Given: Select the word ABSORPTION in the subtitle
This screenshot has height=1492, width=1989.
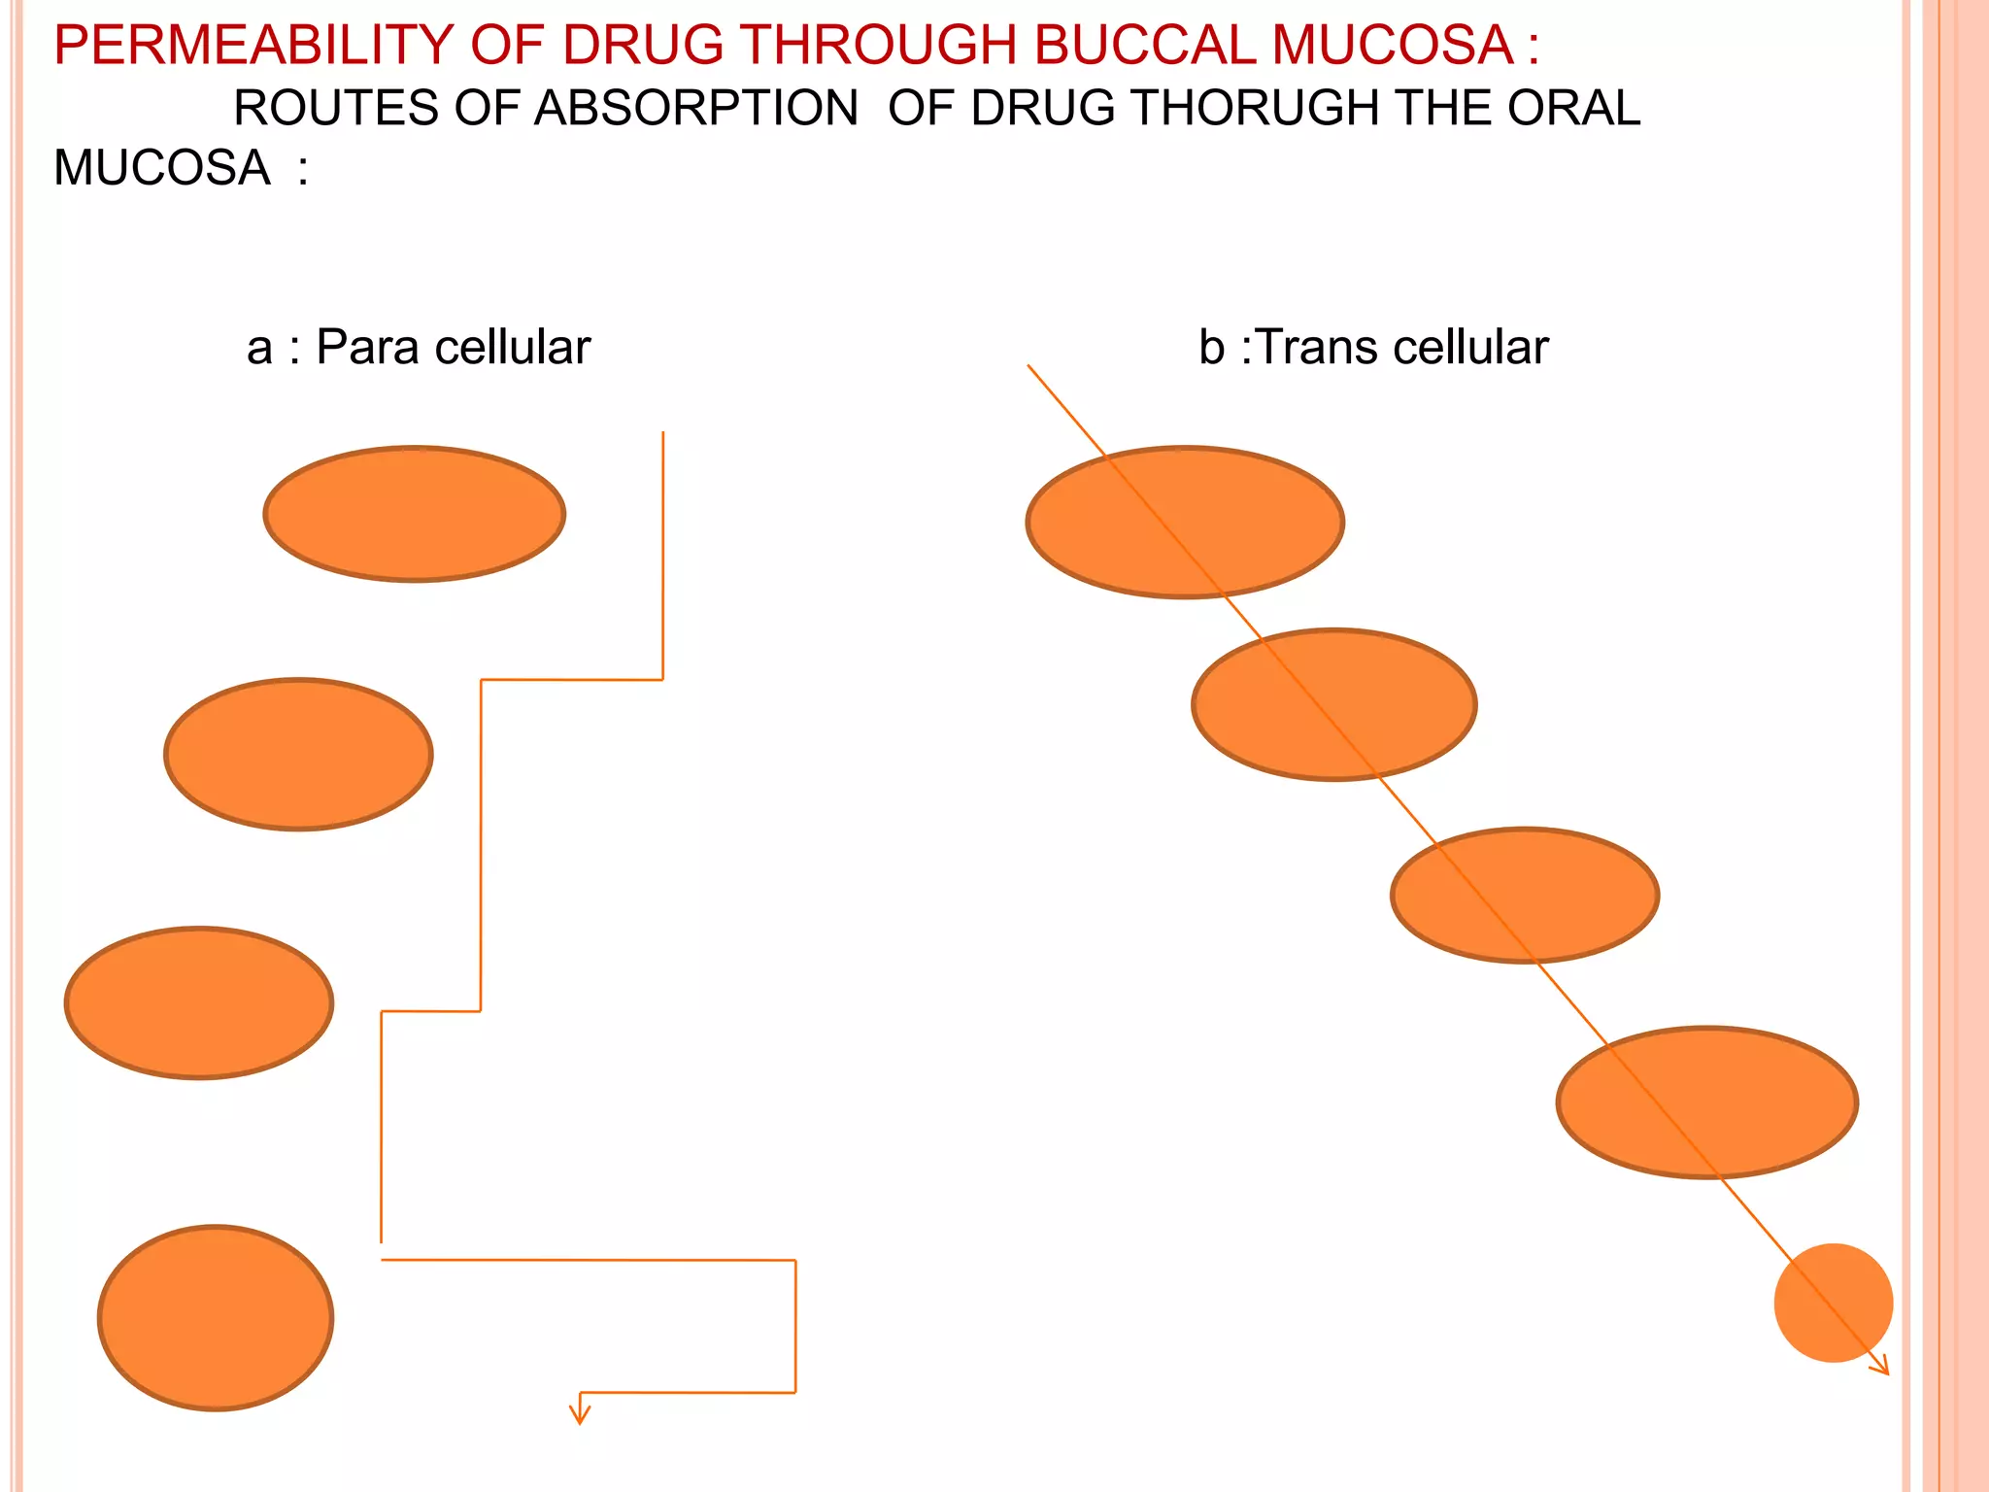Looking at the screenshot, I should pyautogui.click(x=695, y=108).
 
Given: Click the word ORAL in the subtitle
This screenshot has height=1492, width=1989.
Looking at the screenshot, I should pyautogui.click(x=1574, y=108).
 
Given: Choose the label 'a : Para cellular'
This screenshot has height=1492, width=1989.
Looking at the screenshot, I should pyautogui.click(x=419, y=348).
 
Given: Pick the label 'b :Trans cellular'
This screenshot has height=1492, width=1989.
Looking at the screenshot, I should pyautogui.click(x=1373, y=348).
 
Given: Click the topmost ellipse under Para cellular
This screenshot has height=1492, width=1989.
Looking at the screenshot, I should pyautogui.click(x=415, y=514).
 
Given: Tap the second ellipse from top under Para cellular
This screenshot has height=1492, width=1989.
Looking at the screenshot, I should pyautogui.click(x=298, y=754).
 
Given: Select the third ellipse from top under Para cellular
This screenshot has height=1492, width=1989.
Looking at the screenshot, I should pyautogui.click(x=199, y=1002).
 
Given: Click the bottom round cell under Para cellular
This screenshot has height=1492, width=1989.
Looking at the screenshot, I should pyautogui.click(x=216, y=1317).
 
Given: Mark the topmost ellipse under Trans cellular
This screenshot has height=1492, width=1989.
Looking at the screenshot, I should pyautogui.click(x=1185, y=522).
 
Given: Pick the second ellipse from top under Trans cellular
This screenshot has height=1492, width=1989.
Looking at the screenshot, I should pyautogui.click(x=1333, y=704).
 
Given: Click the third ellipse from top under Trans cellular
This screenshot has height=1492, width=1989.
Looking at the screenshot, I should pyautogui.click(x=1525, y=895).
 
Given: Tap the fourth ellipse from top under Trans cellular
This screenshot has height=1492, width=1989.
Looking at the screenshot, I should pyautogui.click(x=1706, y=1102).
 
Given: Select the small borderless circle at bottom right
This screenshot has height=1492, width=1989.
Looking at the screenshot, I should pyautogui.click(x=1833, y=1303).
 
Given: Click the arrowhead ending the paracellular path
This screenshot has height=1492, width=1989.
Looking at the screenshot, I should pyautogui.click(x=580, y=1414).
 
